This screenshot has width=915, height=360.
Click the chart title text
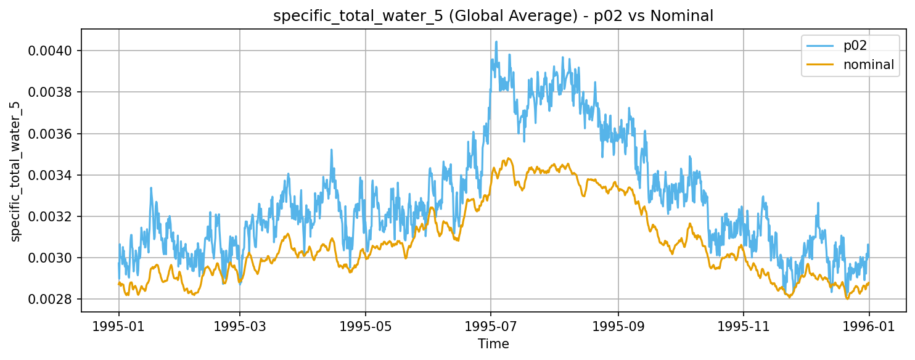493,17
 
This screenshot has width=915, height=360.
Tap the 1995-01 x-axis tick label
118,326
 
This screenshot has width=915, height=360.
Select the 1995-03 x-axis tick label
240,326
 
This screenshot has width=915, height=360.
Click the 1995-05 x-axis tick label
366,326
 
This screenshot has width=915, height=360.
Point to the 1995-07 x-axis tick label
491,326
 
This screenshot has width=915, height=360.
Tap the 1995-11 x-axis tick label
744,326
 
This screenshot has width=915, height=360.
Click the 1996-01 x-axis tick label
869,326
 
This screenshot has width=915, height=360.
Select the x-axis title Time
493,344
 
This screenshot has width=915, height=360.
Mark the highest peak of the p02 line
496,42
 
